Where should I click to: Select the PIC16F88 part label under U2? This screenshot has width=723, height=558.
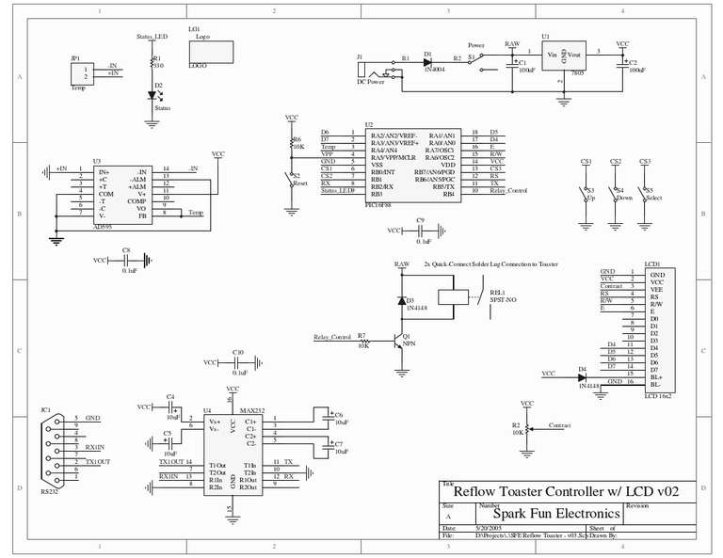tap(379, 202)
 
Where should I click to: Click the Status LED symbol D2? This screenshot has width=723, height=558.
tap(154, 94)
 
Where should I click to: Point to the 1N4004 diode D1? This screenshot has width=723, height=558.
tap(428, 60)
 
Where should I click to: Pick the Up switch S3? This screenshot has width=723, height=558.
tap(585, 191)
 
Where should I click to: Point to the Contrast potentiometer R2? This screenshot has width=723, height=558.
tap(527, 429)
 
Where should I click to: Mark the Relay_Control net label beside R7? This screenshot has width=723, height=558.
tap(331, 337)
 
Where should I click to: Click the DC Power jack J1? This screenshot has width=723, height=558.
tap(377, 72)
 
